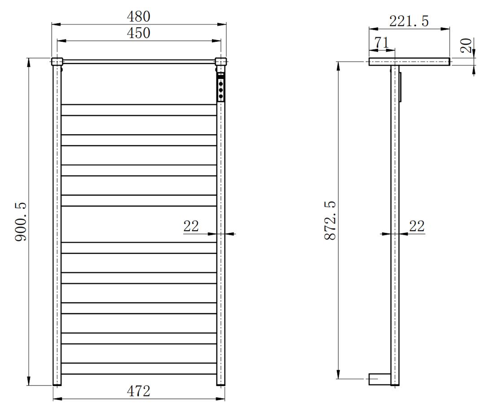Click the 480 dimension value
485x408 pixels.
pos(139,16)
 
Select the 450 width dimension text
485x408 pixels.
pos(139,33)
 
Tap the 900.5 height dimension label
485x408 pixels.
pos(21,222)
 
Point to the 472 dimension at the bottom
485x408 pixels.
pos(139,391)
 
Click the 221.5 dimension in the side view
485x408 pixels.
pos(409,22)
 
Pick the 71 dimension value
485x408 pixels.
pos(381,42)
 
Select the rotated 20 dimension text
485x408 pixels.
pos(466,45)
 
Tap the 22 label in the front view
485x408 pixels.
pos(191,226)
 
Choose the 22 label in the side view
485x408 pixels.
pos(417,226)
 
